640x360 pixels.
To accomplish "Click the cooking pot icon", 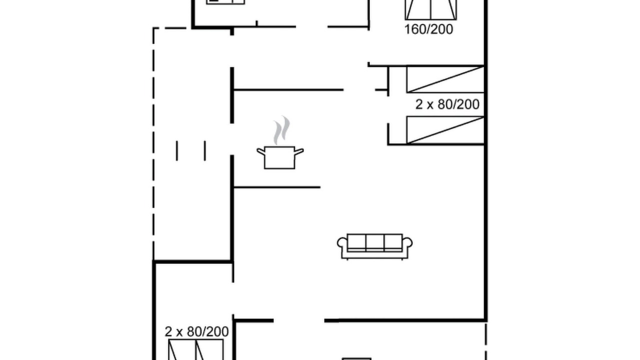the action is coord(279,157).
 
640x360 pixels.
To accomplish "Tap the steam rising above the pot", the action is coord(281,130).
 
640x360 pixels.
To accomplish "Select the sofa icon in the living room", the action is coord(374,246).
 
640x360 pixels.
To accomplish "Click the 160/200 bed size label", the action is coord(428,29).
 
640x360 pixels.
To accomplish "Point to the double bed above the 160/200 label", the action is coord(431,9).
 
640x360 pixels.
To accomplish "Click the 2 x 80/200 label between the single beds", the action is coord(447,104).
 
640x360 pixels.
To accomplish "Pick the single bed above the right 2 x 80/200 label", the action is coord(445,79).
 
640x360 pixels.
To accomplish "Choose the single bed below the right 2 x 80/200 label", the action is coord(445,129).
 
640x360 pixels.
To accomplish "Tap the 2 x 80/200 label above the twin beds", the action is coord(196,331).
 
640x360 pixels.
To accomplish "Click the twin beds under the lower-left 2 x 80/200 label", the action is coord(195,349).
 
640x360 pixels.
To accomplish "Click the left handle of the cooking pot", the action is coord(261,151).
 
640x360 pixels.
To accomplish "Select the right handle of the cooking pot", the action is coord(299,151).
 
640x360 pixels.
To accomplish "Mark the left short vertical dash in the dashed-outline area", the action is coord(177,150).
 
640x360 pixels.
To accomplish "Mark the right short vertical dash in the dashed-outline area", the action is coord(205,150).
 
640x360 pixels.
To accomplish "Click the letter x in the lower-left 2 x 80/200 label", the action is coord(179,333).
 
